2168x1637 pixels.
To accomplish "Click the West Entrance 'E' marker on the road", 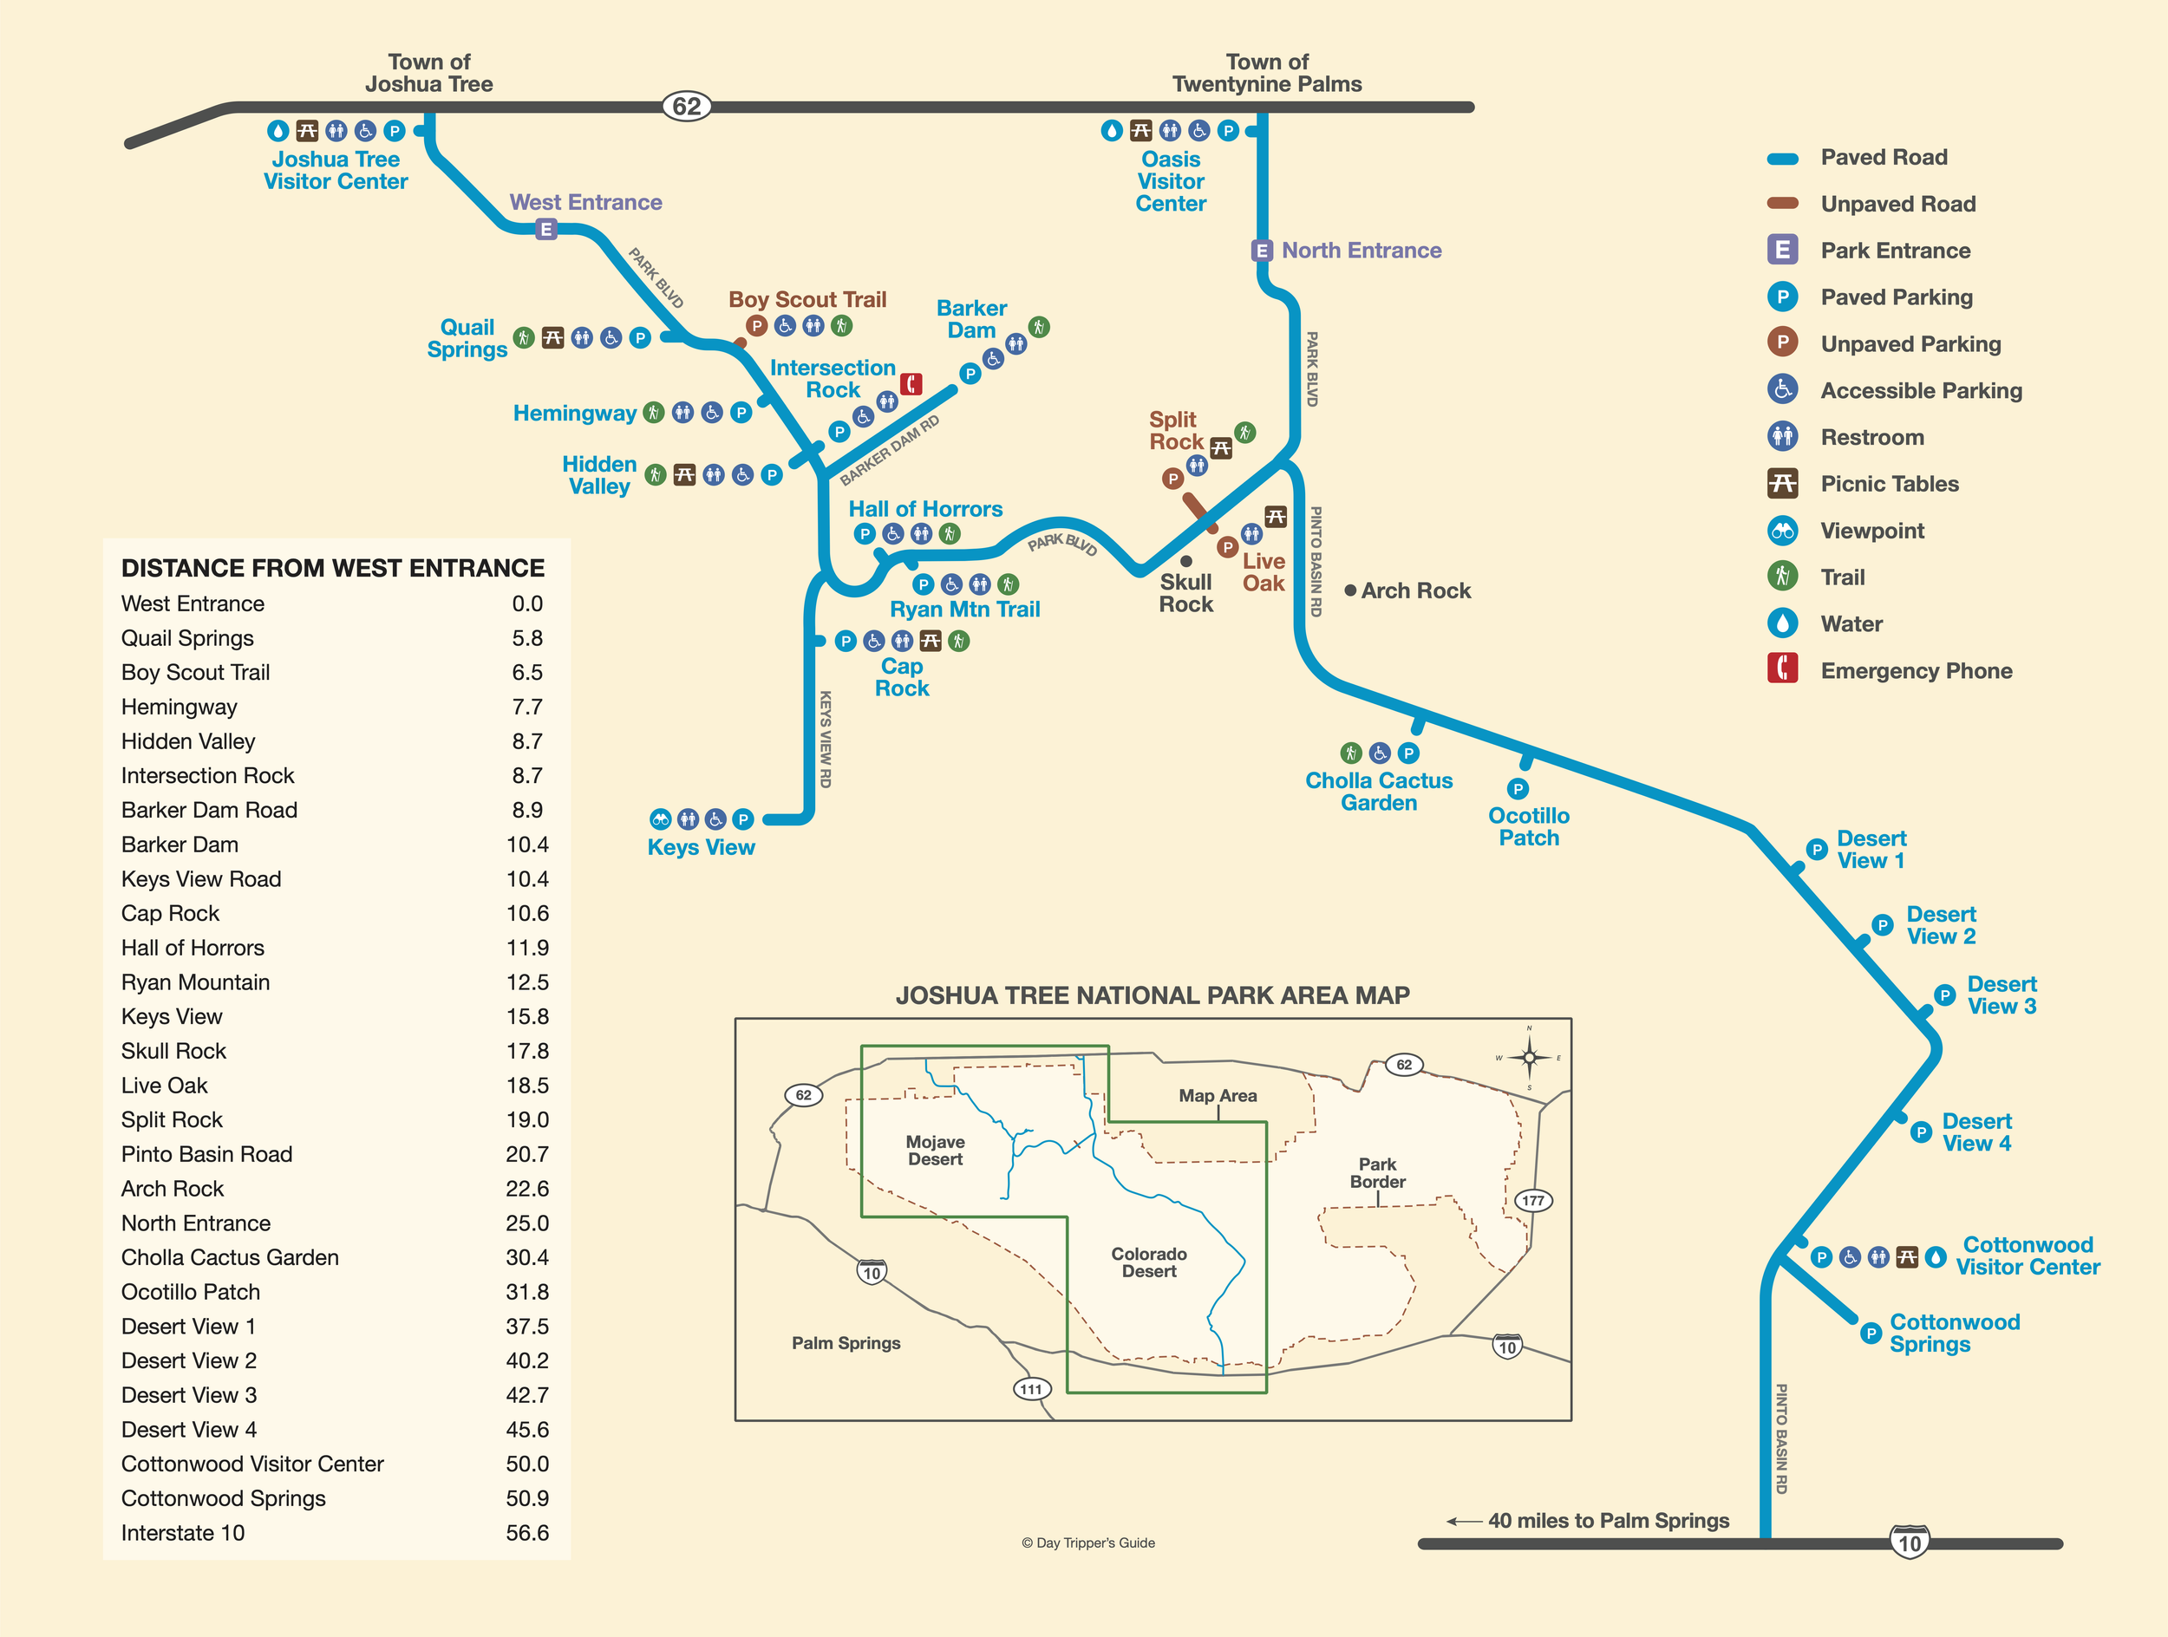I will click(546, 229).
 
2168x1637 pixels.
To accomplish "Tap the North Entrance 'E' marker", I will click(1263, 251).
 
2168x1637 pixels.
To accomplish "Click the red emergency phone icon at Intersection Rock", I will click(911, 384).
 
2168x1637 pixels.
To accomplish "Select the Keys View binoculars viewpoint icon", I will click(661, 819).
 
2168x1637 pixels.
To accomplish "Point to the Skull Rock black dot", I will click(1186, 561).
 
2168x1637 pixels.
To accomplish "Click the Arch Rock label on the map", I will click(1415, 590).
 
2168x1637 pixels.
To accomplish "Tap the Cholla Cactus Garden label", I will click(1378, 792).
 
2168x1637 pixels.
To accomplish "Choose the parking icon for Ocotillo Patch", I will click(1518, 789).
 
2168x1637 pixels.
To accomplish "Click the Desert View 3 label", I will click(2001, 995).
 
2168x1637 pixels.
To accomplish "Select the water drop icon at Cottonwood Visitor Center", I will click(1935, 1257).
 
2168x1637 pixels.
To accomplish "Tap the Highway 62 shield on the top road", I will click(686, 106).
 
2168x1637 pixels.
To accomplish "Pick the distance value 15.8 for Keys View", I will click(527, 1017).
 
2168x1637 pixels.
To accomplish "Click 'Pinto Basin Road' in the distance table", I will click(206, 1154).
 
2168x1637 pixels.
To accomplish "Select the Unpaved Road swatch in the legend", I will click(1782, 204).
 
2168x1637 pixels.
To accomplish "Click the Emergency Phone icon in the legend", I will click(1782, 670).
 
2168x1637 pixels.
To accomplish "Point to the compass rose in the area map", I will click(1529, 1057).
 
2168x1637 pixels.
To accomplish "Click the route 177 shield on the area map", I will click(1533, 1200).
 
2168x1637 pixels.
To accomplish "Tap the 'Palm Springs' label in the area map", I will click(846, 1343).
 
